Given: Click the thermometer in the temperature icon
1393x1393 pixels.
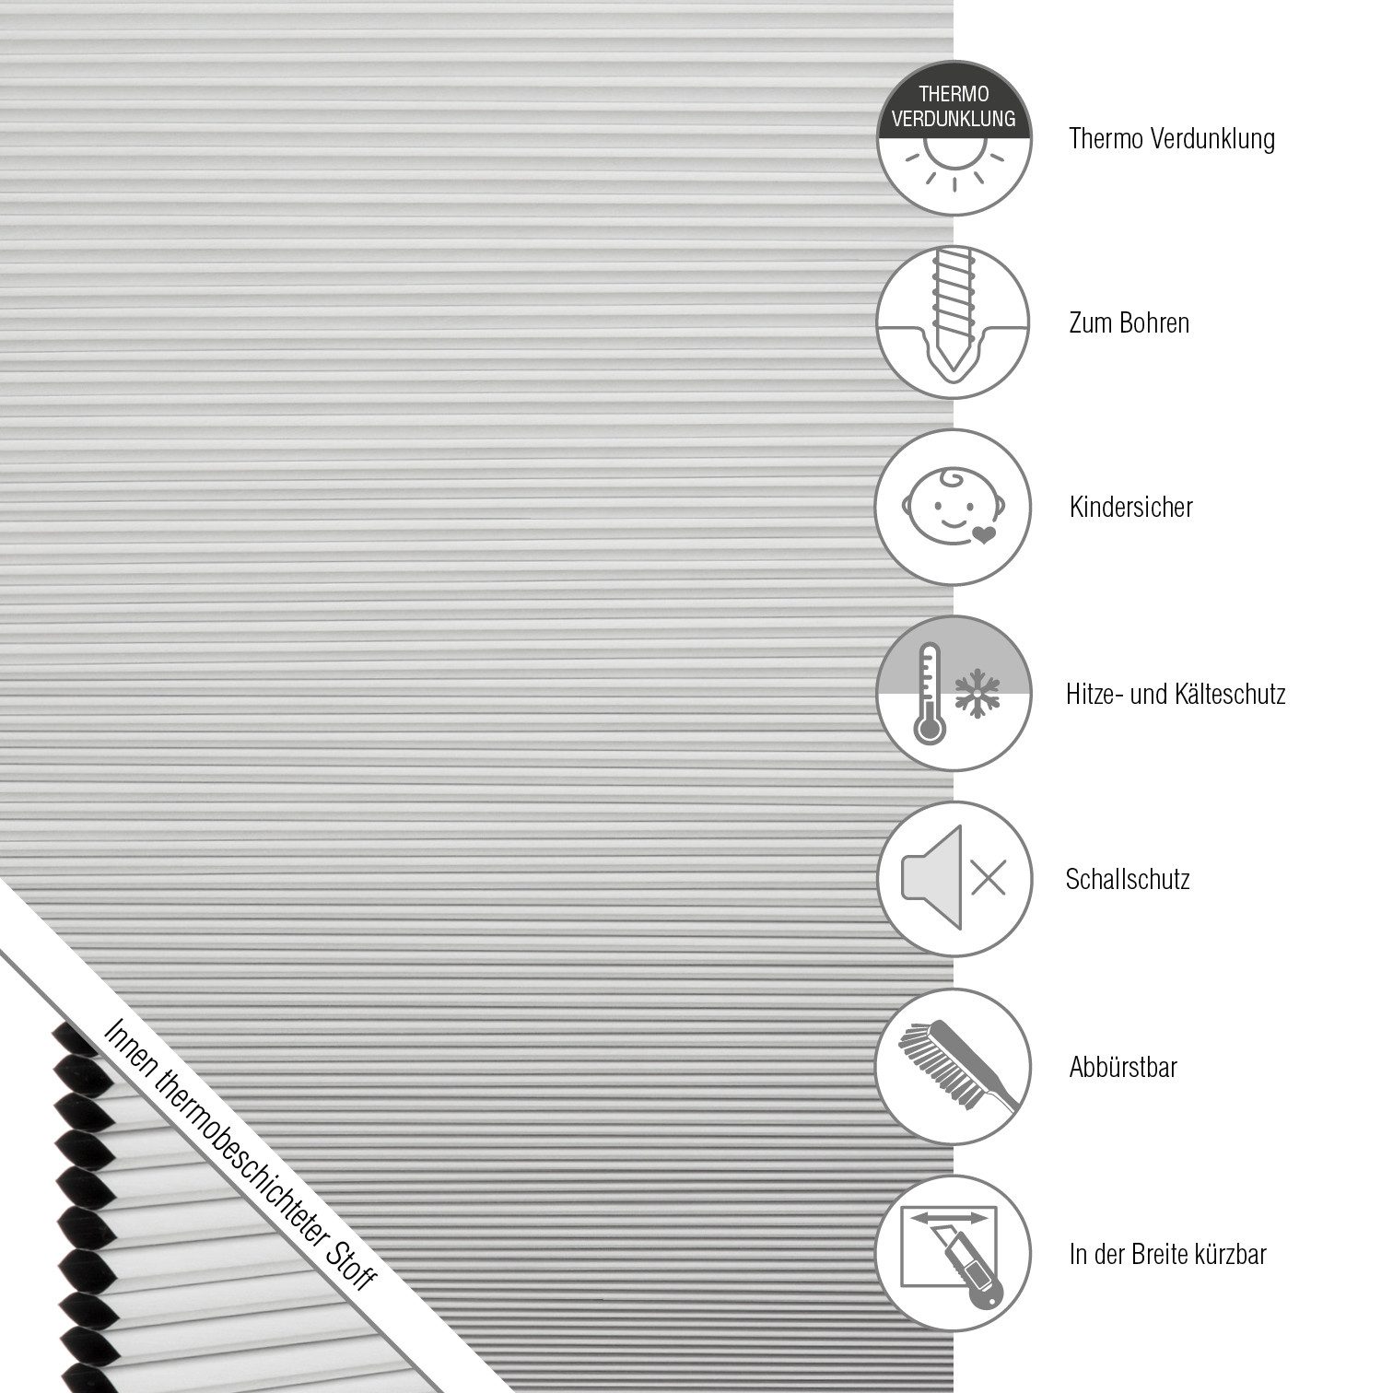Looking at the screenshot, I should click(x=929, y=693).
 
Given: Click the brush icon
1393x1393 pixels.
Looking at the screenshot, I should click(x=954, y=1061).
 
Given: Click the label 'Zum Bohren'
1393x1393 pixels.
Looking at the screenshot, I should click(x=1129, y=323).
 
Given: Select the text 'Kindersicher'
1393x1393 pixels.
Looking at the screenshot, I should click(x=1130, y=508).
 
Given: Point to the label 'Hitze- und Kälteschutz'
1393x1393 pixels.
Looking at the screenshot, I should click(x=1175, y=694).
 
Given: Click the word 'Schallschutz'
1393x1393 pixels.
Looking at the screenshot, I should click(x=1128, y=879).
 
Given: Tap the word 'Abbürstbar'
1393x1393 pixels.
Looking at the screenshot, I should click(x=1123, y=1068).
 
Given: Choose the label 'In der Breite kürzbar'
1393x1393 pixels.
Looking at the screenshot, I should click(x=1167, y=1254).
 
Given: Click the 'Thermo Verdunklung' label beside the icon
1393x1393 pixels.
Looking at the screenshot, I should click(x=1172, y=139).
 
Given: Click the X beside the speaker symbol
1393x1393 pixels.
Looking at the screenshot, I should click(x=988, y=877).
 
